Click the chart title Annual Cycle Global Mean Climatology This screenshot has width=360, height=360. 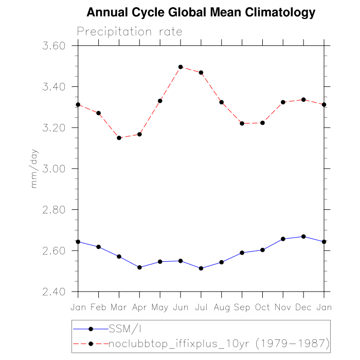[x=201, y=12]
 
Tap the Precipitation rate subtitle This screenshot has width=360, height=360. [x=130, y=31]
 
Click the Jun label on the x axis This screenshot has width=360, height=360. [x=181, y=307]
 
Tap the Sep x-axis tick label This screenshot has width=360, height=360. [x=242, y=307]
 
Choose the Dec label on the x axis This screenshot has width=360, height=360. [x=303, y=307]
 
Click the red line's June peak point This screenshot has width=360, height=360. [x=181, y=67]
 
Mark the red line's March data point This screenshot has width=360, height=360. [x=119, y=138]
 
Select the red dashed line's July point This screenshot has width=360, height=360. [x=201, y=73]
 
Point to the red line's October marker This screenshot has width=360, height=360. [x=262, y=123]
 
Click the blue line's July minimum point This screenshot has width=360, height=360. [x=201, y=268]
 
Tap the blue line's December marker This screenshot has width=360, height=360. [x=303, y=237]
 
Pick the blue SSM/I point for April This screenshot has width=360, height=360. [x=139, y=267]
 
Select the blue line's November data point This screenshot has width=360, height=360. [x=283, y=239]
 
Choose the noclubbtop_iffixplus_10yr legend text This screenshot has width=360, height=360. [x=219, y=343]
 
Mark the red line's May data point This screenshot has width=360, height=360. [x=160, y=101]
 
